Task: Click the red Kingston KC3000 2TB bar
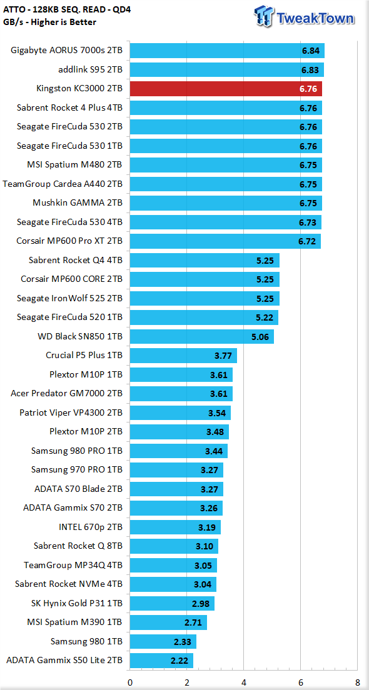coord(226,89)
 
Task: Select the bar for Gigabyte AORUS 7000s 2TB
coord(227,51)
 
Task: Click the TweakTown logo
coord(305,17)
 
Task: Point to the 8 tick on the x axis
coord(357,682)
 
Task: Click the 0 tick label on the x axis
coord(130,682)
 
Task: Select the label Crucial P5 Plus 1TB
coord(84,355)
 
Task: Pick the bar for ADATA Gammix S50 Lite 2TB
coord(161,661)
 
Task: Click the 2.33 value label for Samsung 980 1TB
coord(182,642)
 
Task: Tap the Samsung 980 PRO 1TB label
coord(77,451)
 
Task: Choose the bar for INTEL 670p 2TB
coord(175,527)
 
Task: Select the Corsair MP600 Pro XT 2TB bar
coord(225,241)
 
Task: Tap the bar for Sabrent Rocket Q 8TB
coord(174,546)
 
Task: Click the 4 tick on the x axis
coord(243,682)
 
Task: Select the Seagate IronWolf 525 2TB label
coord(69,298)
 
